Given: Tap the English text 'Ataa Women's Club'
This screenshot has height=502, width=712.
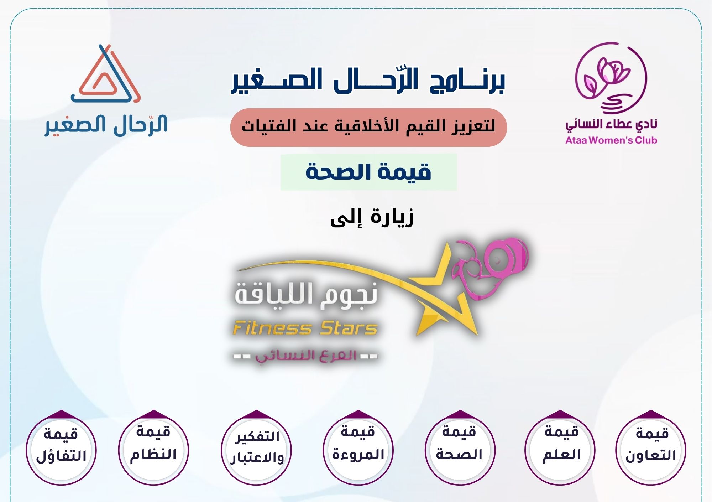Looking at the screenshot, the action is [611, 140].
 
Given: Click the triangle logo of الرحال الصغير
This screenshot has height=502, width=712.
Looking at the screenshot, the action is [106, 74].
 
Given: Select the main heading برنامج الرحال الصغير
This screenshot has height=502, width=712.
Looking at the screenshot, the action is [368, 81].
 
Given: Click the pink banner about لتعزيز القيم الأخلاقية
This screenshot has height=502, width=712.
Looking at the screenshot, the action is [368, 128].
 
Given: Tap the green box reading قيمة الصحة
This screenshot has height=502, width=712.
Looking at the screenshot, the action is [368, 172].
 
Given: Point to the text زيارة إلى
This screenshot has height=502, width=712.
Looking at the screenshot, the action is [372, 217].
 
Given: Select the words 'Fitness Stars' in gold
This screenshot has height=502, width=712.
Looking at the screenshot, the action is [305, 328].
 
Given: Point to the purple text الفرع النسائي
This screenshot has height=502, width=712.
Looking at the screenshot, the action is [305, 356].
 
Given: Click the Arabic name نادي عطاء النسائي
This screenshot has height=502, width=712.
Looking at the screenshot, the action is [611, 124].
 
